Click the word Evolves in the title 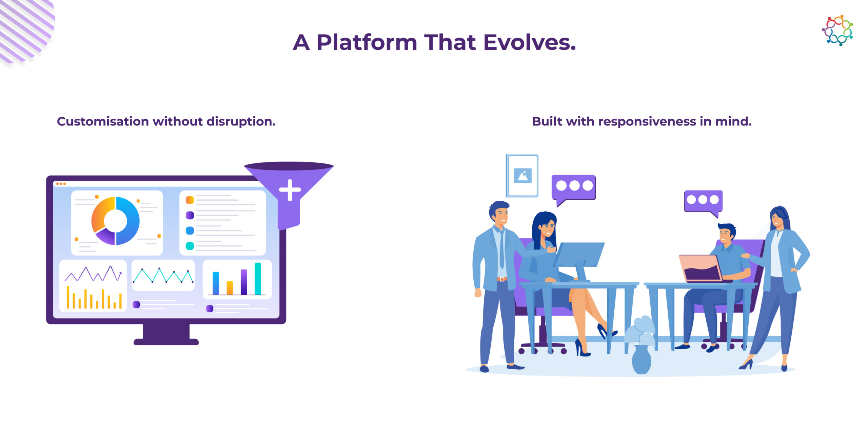(530, 42)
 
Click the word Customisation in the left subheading (103, 121)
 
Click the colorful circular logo (837, 30)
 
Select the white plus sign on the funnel (290, 190)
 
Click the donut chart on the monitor (116, 221)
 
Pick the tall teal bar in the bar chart (258, 279)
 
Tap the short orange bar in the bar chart (230, 288)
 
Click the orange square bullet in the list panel (190, 200)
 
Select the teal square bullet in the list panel (190, 246)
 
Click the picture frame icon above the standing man (522, 176)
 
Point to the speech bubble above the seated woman (573, 189)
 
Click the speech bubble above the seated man (704, 203)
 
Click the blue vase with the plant (642, 359)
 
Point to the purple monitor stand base (166, 342)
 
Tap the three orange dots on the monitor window (61, 184)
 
